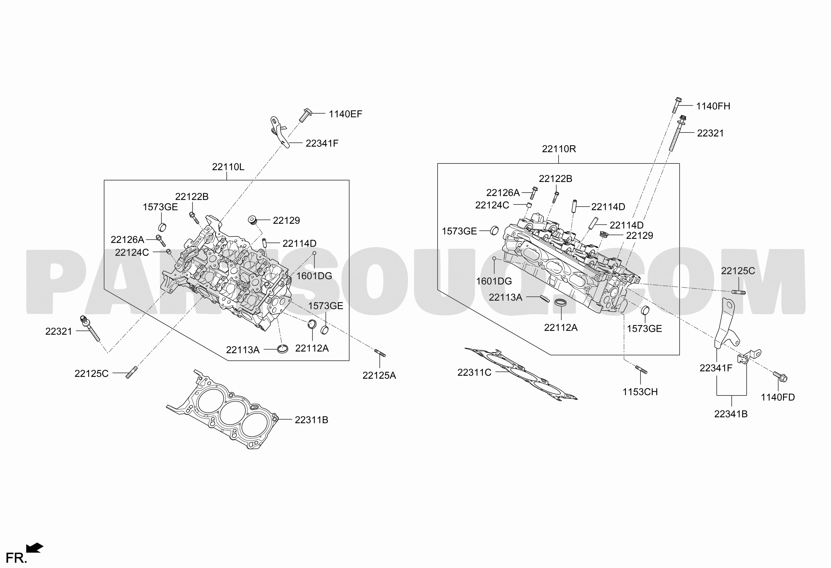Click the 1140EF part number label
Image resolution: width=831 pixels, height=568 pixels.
[x=346, y=114]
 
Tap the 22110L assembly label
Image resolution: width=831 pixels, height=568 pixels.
[x=228, y=167]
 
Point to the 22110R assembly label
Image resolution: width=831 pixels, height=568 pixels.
[x=559, y=149]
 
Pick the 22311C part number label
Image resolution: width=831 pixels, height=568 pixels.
[x=474, y=373]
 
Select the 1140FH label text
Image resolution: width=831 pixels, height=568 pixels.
[x=713, y=106]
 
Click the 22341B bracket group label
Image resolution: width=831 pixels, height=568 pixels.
[x=731, y=414]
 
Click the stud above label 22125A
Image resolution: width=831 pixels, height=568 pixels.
[x=380, y=353]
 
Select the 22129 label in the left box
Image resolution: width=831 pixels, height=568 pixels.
[x=286, y=221]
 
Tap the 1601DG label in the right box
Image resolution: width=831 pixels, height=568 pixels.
[x=494, y=281]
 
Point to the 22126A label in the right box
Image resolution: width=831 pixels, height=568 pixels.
[x=503, y=193]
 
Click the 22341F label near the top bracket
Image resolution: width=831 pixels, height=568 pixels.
[x=322, y=144]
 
